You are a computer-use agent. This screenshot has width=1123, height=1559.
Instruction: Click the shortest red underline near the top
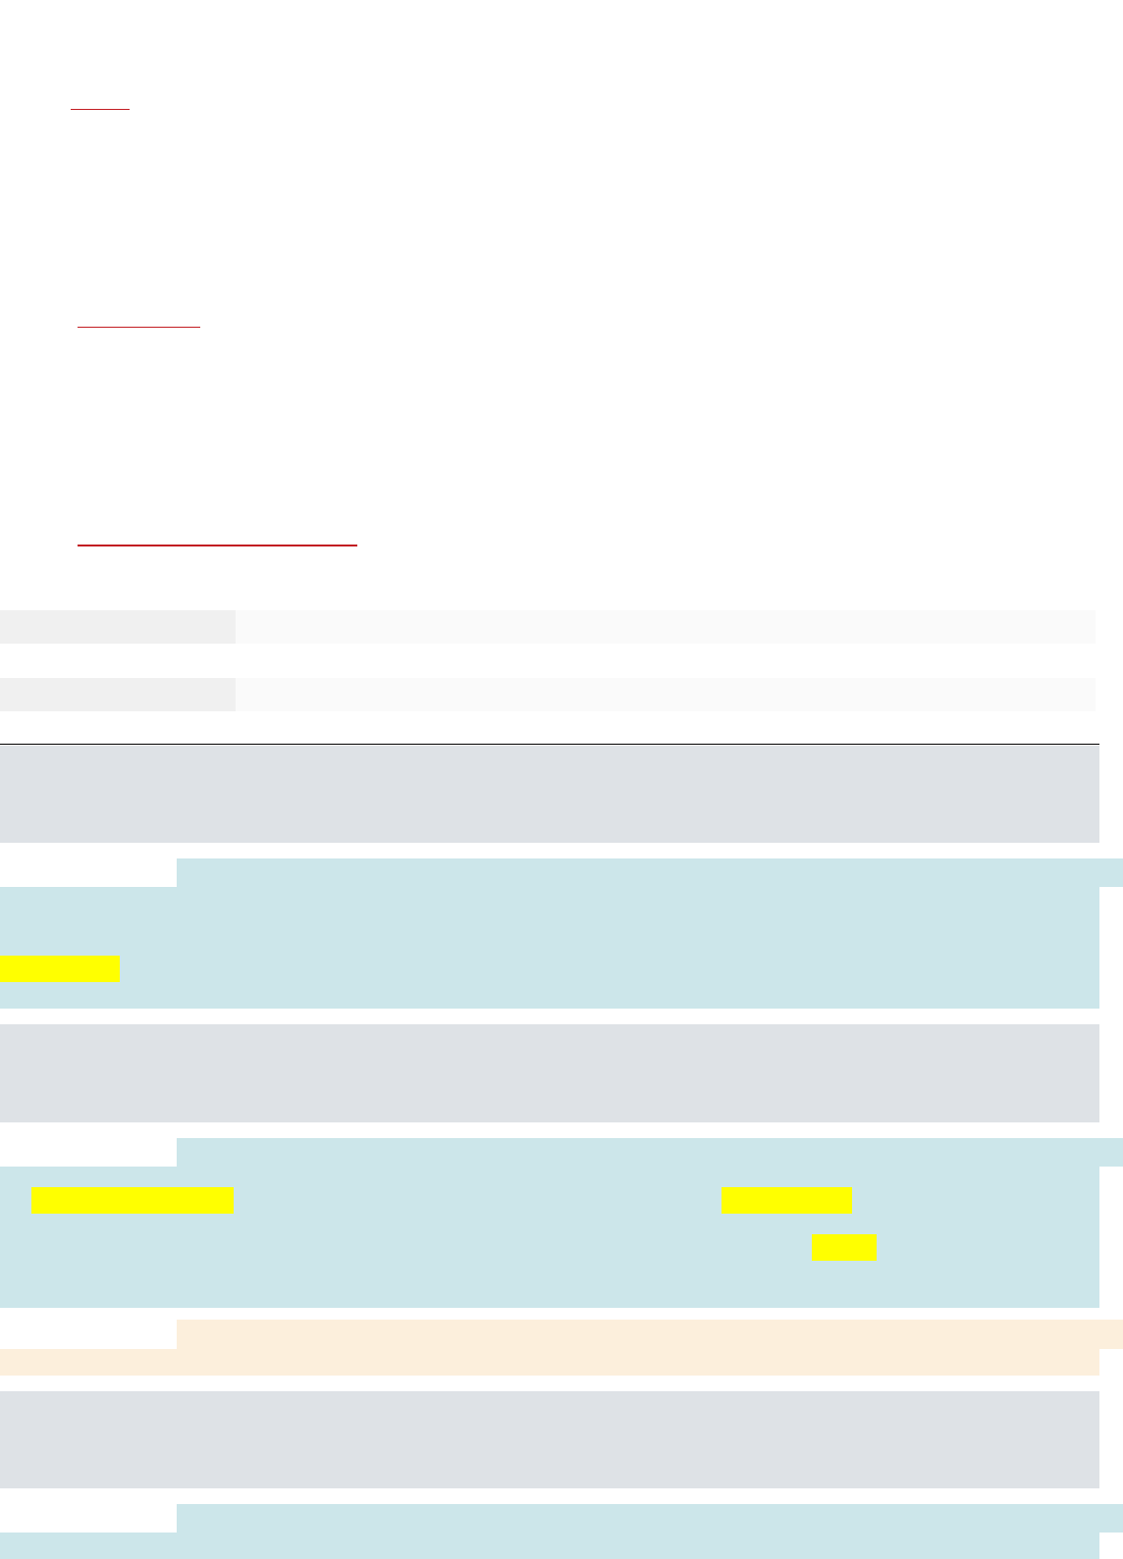[100, 109]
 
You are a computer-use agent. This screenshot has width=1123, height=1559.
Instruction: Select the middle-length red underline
[138, 325]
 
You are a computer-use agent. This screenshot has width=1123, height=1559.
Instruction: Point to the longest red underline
[217, 543]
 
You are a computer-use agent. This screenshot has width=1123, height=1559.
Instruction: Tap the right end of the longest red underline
[355, 543]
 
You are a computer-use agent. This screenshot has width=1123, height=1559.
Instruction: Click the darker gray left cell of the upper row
[117, 627]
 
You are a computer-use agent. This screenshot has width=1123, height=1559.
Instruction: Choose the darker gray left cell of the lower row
[117, 694]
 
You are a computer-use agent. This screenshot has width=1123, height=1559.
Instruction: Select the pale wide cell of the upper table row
[665, 627]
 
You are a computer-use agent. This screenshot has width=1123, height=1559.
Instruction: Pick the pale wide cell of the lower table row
[665, 694]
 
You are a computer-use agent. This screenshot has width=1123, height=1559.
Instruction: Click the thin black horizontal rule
[550, 744]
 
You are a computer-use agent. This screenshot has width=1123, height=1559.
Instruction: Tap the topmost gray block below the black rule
[550, 794]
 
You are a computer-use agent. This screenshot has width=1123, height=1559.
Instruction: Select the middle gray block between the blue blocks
[550, 1073]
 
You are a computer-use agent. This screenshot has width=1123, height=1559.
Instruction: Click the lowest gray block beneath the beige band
[550, 1439]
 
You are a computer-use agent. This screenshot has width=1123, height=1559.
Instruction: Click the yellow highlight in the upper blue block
[59, 969]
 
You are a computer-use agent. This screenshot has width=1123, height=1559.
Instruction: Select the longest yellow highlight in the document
[132, 1200]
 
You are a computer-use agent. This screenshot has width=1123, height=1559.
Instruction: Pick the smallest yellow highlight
[844, 1247]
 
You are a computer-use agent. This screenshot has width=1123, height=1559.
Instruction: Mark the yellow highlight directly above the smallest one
[786, 1200]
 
